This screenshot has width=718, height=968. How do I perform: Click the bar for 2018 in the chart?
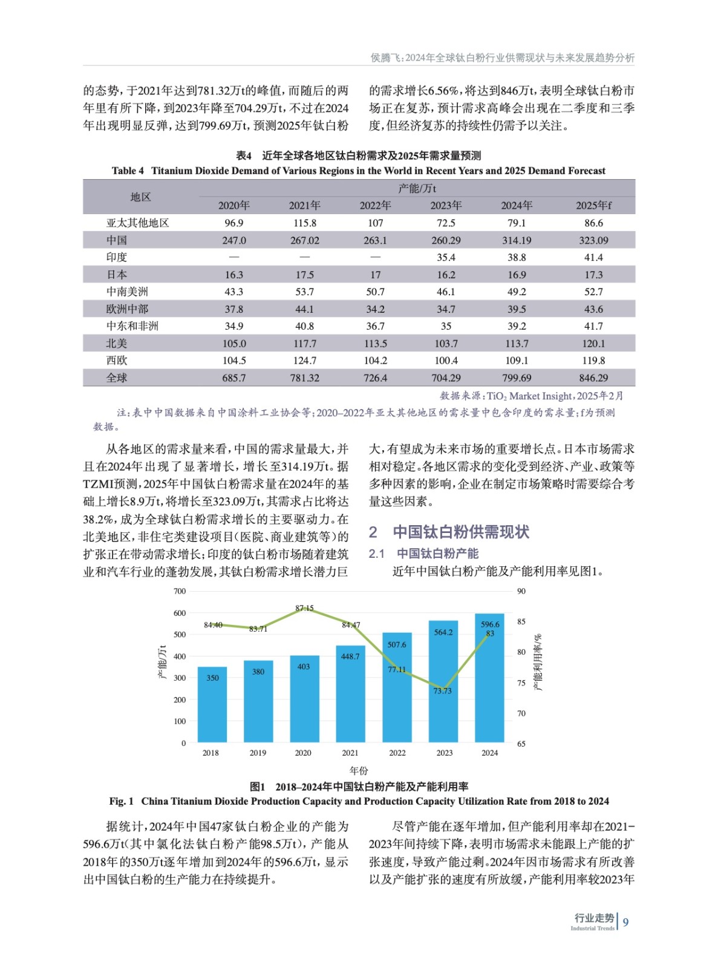tap(212, 705)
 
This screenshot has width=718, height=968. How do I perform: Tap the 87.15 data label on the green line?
tap(304, 608)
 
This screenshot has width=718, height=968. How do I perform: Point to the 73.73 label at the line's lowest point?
tap(442, 691)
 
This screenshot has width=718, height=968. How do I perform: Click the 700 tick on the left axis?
tap(180, 591)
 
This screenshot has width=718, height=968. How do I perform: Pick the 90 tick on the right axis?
tap(521, 591)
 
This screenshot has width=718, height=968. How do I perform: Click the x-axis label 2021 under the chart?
tap(350, 753)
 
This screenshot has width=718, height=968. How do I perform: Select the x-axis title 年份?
tap(359, 770)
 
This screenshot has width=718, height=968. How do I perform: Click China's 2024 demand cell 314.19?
tap(517, 240)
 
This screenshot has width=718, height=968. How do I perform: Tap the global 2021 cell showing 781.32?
tap(304, 378)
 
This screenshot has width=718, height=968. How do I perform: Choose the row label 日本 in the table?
tap(117, 275)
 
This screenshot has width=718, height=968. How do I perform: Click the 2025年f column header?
tap(593, 206)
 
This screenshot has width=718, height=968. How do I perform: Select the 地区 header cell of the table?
tap(140, 197)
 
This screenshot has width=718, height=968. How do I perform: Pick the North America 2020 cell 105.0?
tap(234, 344)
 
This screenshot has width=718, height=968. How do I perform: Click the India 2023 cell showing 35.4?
tap(446, 257)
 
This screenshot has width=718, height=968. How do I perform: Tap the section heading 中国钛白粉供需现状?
tap(461, 532)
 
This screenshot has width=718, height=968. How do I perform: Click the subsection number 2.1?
tap(376, 554)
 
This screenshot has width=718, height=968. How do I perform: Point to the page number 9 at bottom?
tap(625, 922)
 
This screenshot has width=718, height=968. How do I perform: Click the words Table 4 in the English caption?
tap(128, 171)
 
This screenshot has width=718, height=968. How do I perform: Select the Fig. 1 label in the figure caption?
tap(121, 801)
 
